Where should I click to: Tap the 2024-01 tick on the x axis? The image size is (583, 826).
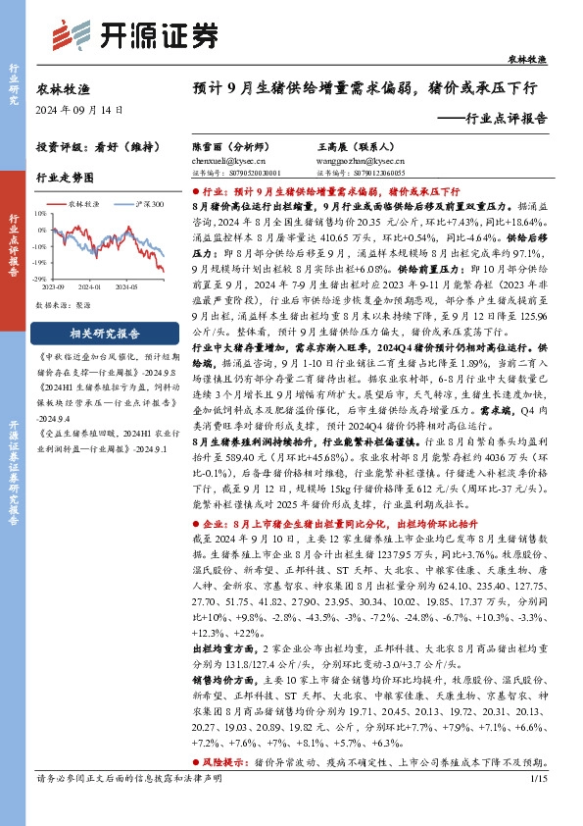click(89, 288)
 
